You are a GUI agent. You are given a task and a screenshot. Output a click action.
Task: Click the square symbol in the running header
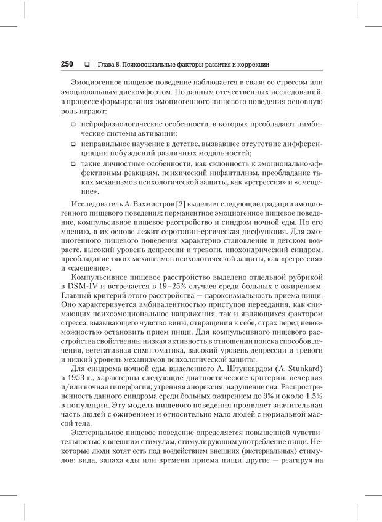pyautogui.click(x=86, y=65)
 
